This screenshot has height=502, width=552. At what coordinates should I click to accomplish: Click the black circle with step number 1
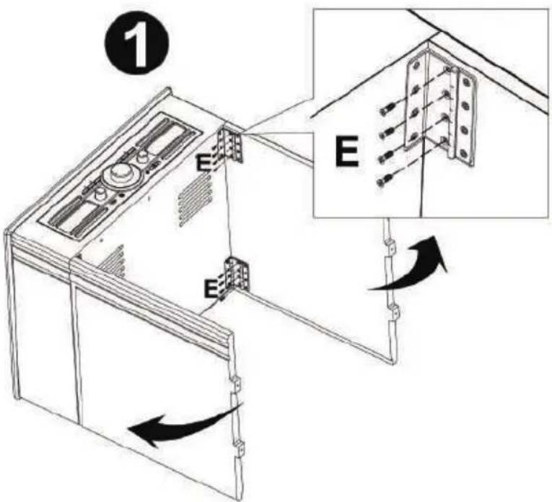(x=137, y=46)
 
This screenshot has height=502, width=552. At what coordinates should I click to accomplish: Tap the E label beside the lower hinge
(x=211, y=290)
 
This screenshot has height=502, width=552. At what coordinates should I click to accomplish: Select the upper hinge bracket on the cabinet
(x=232, y=144)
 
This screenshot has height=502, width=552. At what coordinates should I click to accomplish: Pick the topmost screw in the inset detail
(x=387, y=110)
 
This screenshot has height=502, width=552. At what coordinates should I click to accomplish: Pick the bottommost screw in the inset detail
(x=385, y=181)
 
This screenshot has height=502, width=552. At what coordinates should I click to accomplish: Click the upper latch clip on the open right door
(x=390, y=247)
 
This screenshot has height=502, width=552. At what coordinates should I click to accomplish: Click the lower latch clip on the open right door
(x=394, y=312)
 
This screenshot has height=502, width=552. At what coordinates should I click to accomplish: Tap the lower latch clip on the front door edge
(x=240, y=449)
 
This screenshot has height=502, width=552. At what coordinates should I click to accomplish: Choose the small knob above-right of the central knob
(x=142, y=156)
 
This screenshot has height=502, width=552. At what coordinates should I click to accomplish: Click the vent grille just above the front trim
(x=113, y=261)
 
